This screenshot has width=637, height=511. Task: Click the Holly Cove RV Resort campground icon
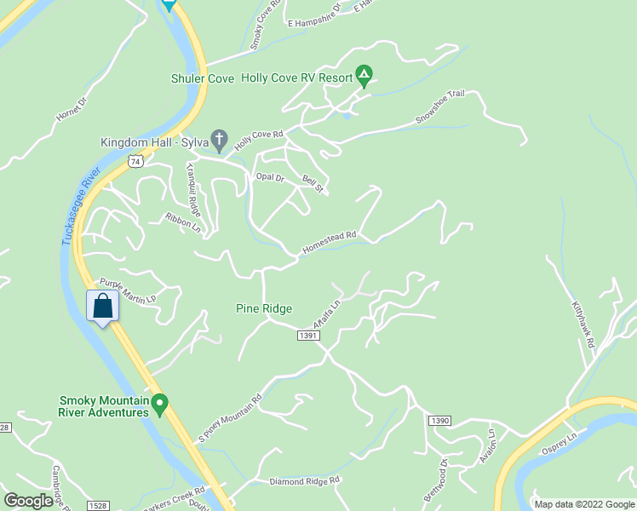click(364, 78)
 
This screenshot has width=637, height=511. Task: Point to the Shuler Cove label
click(203, 78)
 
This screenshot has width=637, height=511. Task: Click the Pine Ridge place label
click(264, 308)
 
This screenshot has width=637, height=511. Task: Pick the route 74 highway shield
click(135, 159)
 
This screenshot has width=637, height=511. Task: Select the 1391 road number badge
click(307, 336)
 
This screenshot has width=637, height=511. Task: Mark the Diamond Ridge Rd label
click(304, 480)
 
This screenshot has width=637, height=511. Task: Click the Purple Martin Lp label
click(127, 291)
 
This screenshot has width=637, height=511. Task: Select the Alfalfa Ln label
click(327, 313)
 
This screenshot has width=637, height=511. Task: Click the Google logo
click(28, 501)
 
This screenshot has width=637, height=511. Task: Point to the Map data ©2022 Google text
click(583, 504)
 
